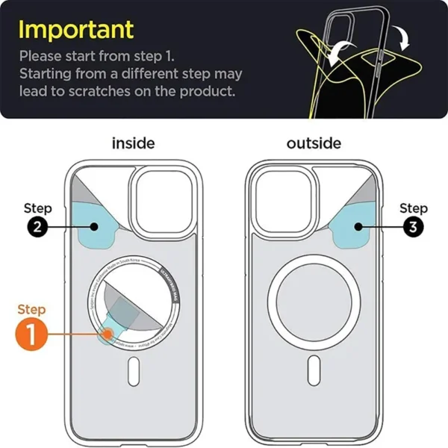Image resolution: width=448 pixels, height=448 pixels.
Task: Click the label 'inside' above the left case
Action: (133, 143)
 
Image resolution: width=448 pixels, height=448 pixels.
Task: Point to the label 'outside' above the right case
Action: (314, 143)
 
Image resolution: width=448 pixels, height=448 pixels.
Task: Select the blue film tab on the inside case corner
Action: (97, 227)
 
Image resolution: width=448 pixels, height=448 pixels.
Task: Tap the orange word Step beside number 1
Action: (31, 309)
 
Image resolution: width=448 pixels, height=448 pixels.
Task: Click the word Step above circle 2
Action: (38, 208)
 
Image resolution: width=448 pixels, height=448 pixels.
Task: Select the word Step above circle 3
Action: (413, 208)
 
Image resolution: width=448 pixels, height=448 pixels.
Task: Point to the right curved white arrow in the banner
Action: (403, 36)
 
